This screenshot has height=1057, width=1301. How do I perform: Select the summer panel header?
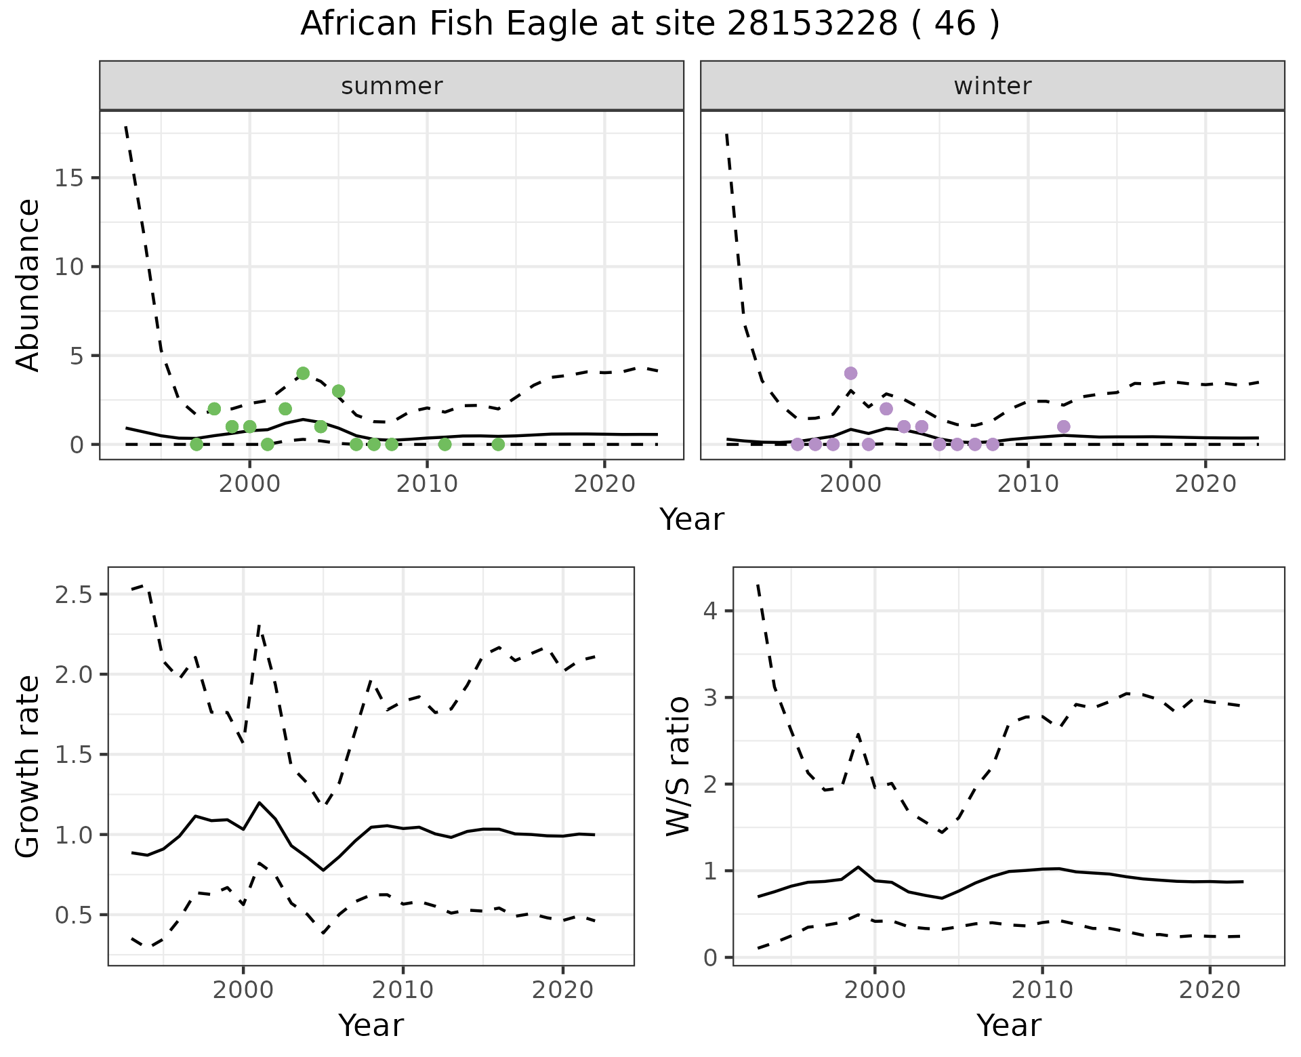[x=391, y=86]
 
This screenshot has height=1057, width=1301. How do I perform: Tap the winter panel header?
[x=992, y=86]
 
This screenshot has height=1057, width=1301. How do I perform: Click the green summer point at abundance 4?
[x=303, y=373]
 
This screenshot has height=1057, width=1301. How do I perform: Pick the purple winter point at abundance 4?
[x=851, y=373]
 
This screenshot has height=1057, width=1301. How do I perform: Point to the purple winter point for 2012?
[x=1064, y=426]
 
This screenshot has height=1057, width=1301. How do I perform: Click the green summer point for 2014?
[x=498, y=444]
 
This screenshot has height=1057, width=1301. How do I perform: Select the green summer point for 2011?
[x=445, y=444]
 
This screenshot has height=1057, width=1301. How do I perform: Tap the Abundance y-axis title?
[x=28, y=285]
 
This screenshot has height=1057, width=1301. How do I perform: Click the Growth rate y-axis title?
[x=28, y=766]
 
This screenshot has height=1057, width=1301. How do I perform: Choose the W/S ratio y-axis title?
[x=678, y=766]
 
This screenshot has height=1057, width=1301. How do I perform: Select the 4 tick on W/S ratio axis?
[x=709, y=611]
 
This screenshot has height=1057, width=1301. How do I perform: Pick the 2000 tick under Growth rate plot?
[x=243, y=990]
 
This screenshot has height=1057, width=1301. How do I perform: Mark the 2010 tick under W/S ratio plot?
[x=1042, y=990]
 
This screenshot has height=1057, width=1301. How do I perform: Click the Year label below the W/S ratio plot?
[x=1008, y=1026]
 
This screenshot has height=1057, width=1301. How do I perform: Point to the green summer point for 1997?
[x=197, y=444]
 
